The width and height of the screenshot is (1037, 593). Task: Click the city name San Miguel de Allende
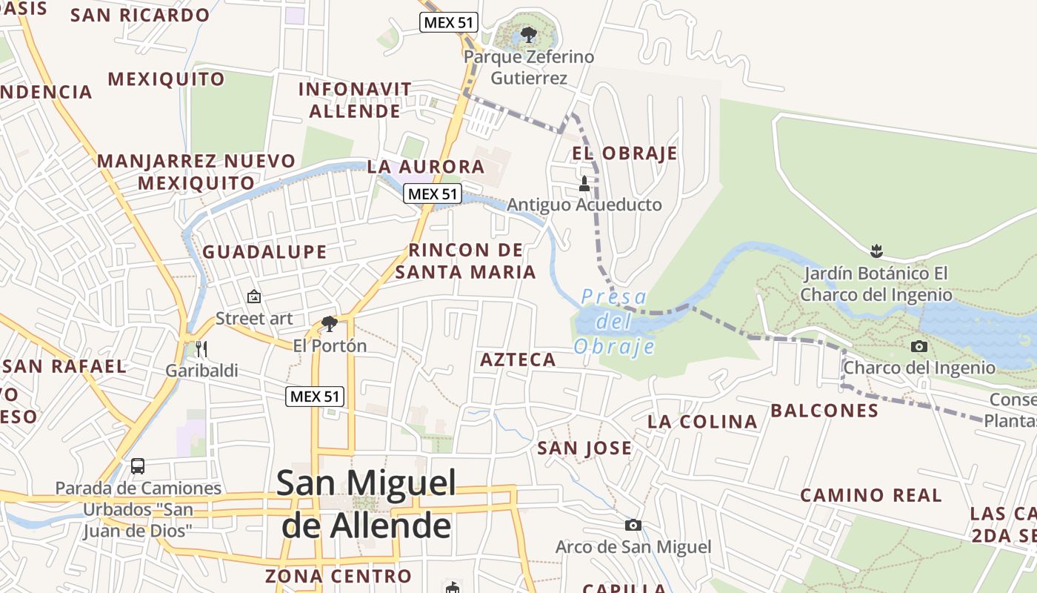(x=367, y=504)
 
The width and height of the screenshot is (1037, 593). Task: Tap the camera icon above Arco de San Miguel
(x=633, y=526)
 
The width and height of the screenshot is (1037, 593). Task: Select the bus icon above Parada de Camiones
(x=138, y=466)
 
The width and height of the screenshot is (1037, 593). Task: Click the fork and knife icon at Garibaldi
(x=201, y=349)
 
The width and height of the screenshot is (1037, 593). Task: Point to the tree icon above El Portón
(x=330, y=324)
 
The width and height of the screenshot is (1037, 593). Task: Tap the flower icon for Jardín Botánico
(x=877, y=251)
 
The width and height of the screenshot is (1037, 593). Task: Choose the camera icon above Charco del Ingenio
(x=919, y=346)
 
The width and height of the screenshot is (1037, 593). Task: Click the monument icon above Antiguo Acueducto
(x=584, y=183)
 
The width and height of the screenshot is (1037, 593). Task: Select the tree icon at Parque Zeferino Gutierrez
(x=528, y=34)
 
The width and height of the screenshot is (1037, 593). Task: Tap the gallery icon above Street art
(x=254, y=296)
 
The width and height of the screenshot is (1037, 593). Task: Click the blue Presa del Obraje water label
(x=614, y=322)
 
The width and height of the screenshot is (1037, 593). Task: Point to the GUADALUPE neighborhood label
(x=264, y=252)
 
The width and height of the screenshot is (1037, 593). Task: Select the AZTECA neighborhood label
(x=518, y=360)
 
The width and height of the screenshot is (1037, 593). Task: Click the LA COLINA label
(x=702, y=422)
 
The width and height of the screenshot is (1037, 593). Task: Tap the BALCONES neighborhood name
(x=824, y=411)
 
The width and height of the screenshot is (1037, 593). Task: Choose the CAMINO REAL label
(x=871, y=495)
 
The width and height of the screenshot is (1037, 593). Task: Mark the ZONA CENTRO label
(x=338, y=576)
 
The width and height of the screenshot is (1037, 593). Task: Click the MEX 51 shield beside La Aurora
(x=433, y=194)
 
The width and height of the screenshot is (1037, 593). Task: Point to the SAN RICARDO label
(x=140, y=16)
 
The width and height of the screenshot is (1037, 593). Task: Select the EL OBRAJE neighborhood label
(x=624, y=153)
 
